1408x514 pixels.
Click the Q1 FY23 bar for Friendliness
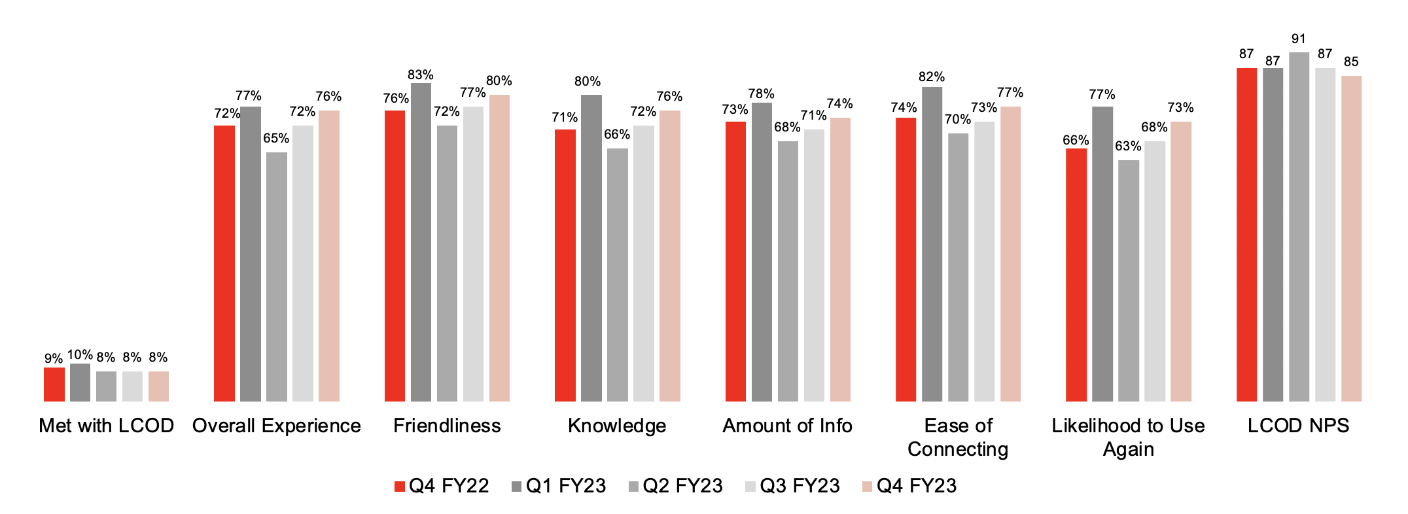[x=421, y=242]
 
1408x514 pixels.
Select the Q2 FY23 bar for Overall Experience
[x=276, y=277]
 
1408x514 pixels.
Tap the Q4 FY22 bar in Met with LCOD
[x=54, y=385]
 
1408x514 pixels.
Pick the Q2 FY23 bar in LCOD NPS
[x=1299, y=227]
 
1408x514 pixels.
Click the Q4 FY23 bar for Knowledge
[x=669, y=256]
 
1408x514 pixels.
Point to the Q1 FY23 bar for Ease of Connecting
[x=932, y=244]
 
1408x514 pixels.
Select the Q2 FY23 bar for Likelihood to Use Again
[x=1128, y=281]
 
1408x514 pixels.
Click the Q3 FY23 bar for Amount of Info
[x=814, y=266]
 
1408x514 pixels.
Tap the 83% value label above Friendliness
[x=420, y=75]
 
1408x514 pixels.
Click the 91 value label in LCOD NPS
[x=1299, y=39]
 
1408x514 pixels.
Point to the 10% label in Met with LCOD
[x=80, y=355]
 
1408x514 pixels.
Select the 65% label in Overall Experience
[x=276, y=138]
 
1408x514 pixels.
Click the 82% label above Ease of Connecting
[x=932, y=77]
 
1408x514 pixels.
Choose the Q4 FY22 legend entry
[x=442, y=486]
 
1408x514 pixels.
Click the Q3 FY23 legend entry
[x=792, y=486]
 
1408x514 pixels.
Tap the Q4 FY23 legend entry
[x=909, y=486]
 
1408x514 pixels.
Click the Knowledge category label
[x=617, y=426]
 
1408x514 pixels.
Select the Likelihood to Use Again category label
[x=1128, y=437]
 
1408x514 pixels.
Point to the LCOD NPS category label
[x=1298, y=426]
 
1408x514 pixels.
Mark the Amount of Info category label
[x=787, y=426]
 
